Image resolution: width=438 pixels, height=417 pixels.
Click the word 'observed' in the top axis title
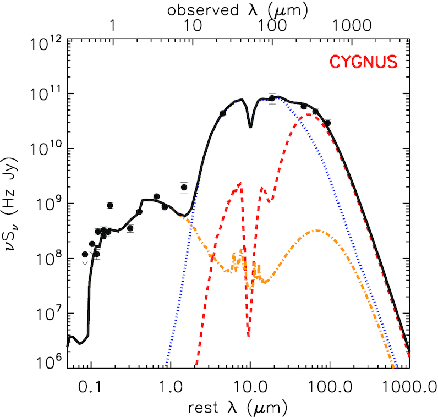coord(198,9)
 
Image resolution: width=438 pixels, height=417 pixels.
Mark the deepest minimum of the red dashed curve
coord(249,335)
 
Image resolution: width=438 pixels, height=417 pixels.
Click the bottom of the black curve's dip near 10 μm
coord(250,127)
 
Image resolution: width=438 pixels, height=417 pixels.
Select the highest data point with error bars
coord(272,98)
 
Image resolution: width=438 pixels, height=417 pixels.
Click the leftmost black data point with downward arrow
coord(85,255)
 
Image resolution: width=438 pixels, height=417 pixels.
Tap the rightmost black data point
coord(328,123)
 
